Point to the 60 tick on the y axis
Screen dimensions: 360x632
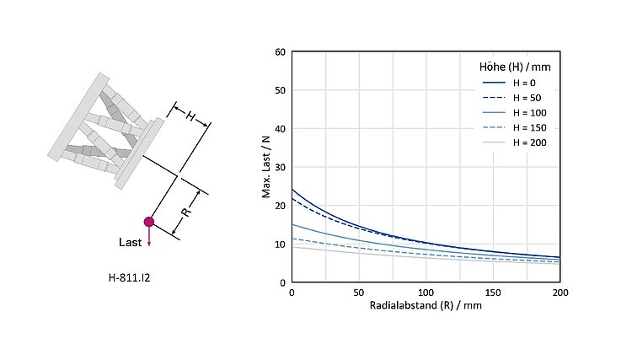[x=281, y=52]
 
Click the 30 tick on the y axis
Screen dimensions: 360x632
[x=281, y=167]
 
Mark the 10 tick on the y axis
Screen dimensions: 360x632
[x=281, y=244]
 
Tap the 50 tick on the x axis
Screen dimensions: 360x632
[x=359, y=292]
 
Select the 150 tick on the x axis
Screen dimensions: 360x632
[x=493, y=292]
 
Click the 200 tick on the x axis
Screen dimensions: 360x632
[x=560, y=292]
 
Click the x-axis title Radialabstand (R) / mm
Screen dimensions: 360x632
[x=426, y=305]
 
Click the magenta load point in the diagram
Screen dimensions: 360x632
[x=149, y=222]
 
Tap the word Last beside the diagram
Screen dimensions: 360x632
[x=130, y=242]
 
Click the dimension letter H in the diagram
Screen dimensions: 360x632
[x=191, y=117]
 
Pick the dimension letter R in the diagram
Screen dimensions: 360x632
[x=186, y=212]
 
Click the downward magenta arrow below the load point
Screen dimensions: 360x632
[x=149, y=237]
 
